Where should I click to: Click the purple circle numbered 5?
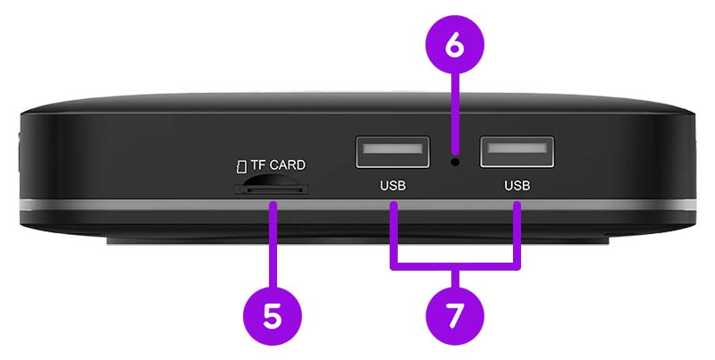tap(273, 316)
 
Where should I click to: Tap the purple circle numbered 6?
tap(454, 44)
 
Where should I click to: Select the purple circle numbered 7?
tap(454, 316)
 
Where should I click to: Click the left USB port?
tap(392, 152)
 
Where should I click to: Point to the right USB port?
tap(517, 152)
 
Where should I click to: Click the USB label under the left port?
tap(392, 186)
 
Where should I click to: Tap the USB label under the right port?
tap(517, 186)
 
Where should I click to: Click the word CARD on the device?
tap(288, 165)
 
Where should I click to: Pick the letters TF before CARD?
tap(258, 165)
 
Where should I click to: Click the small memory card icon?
tap(241, 166)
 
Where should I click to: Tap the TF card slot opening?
tap(272, 188)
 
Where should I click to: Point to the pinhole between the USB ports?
tap(455, 162)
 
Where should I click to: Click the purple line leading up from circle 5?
tap(273, 245)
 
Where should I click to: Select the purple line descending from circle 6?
tap(454, 113)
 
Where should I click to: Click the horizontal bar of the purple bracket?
tap(455, 266)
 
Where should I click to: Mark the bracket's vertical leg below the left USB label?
tap(393, 235)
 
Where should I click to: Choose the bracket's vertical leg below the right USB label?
tap(517, 235)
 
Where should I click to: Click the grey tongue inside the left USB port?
tap(392, 148)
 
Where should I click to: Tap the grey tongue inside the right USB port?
tap(517, 148)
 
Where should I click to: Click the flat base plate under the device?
tap(358, 240)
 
